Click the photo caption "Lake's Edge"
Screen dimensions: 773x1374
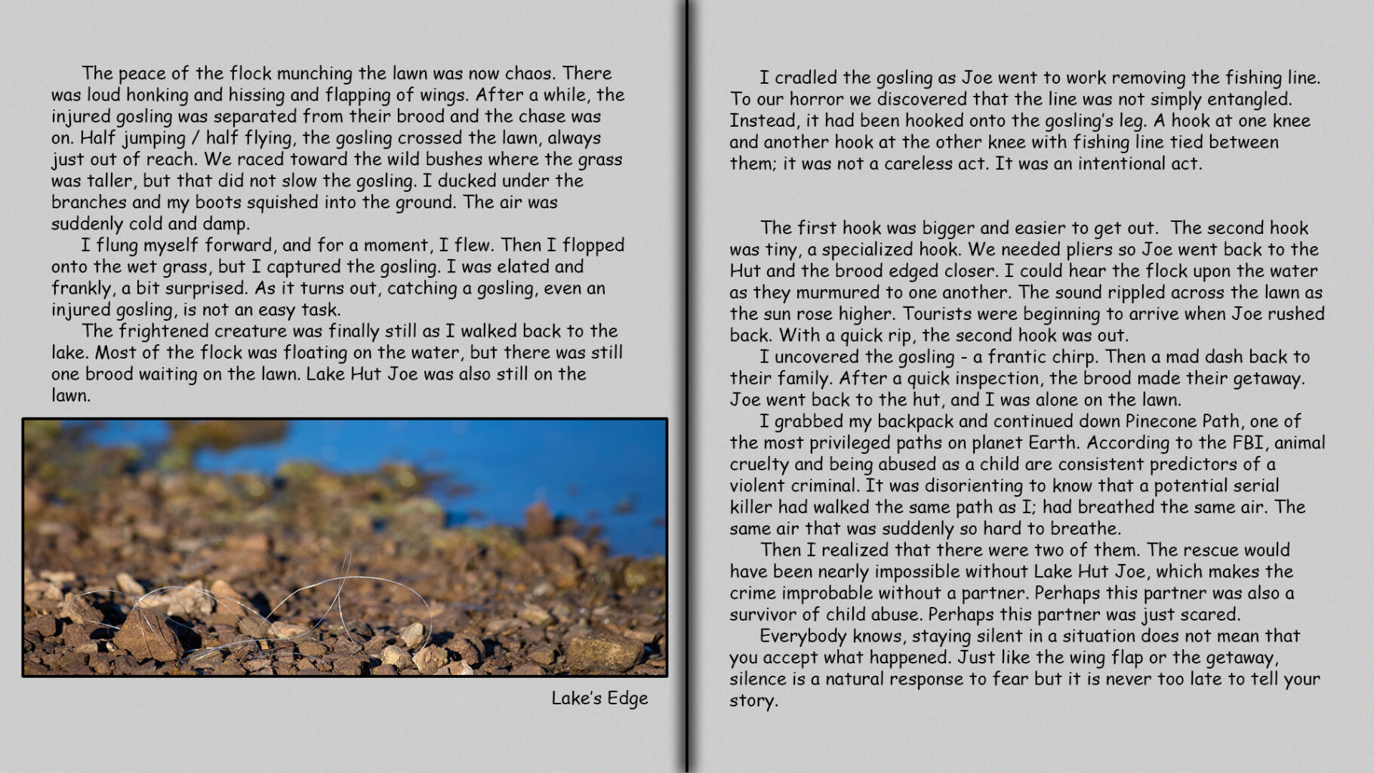tap(599, 698)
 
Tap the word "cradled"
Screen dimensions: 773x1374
tap(809, 78)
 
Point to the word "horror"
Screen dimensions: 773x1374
tap(820, 99)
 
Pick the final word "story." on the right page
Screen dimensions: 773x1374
tap(753, 701)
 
